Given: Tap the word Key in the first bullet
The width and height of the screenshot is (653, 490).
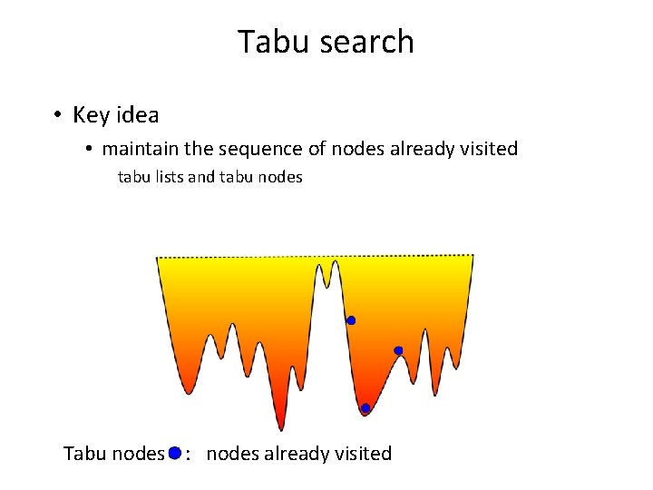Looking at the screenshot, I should point(91,115).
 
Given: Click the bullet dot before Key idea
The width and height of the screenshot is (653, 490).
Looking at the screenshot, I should point(56,116).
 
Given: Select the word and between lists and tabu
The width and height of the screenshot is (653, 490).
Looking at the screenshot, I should point(200,177).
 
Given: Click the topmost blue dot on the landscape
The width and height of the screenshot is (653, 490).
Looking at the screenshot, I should point(351,320).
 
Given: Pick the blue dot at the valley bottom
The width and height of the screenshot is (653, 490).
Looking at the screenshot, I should point(365,408).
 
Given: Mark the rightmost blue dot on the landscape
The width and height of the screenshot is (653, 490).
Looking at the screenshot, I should point(398,350).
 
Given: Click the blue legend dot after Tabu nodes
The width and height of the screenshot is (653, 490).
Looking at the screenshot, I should point(175,452).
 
